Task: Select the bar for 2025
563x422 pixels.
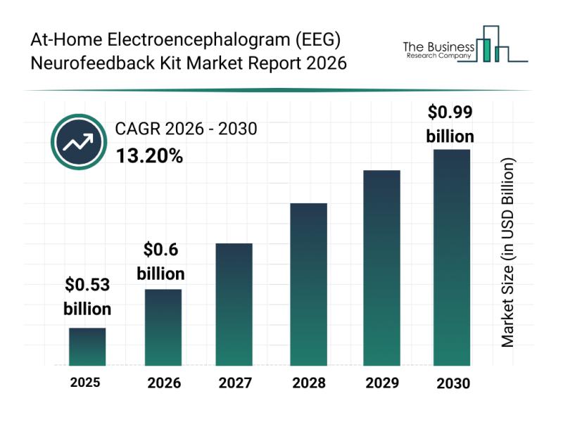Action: (87, 347)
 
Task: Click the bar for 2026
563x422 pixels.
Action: (163, 327)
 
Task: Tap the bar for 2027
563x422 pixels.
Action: (234, 304)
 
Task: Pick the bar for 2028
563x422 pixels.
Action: (308, 284)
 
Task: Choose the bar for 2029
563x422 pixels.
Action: (381, 268)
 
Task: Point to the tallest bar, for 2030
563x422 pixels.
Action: (451, 257)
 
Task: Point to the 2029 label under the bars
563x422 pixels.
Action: (381, 383)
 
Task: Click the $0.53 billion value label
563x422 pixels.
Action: (87, 296)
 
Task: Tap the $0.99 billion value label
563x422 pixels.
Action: (450, 123)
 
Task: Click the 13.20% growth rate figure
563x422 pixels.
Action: (149, 156)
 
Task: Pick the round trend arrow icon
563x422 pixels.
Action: (77, 143)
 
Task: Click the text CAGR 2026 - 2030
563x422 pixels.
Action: (186, 129)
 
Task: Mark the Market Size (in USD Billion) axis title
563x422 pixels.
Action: (507, 252)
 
